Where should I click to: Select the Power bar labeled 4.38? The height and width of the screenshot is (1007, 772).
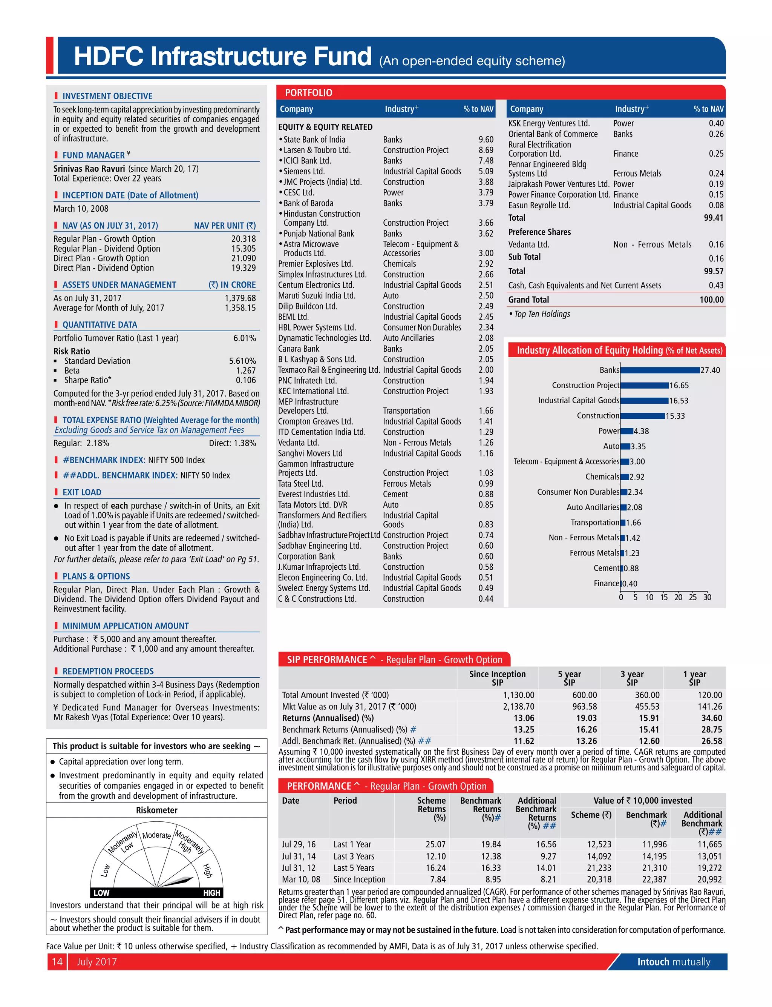click(x=627, y=431)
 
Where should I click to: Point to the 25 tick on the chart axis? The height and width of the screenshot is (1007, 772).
click(x=692, y=597)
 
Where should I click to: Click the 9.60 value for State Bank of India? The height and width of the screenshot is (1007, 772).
click(x=486, y=139)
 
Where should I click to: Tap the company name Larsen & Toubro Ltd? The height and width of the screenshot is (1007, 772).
click(x=317, y=150)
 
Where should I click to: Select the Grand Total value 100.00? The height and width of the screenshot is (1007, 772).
click(x=711, y=300)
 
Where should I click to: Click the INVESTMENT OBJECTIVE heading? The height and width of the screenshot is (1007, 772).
click(x=107, y=96)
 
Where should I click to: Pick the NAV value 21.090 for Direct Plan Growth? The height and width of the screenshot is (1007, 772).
click(x=244, y=258)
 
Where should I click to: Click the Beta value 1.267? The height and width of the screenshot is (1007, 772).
click(x=246, y=371)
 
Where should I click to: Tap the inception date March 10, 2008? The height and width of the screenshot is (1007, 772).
click(x=81, y=209)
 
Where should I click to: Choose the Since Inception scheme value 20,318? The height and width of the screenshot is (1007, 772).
click(x=599, y=879)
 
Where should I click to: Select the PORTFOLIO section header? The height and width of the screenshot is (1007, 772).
click(x=308, y=93)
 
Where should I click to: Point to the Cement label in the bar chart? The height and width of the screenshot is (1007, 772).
click(x=606, y=568)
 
